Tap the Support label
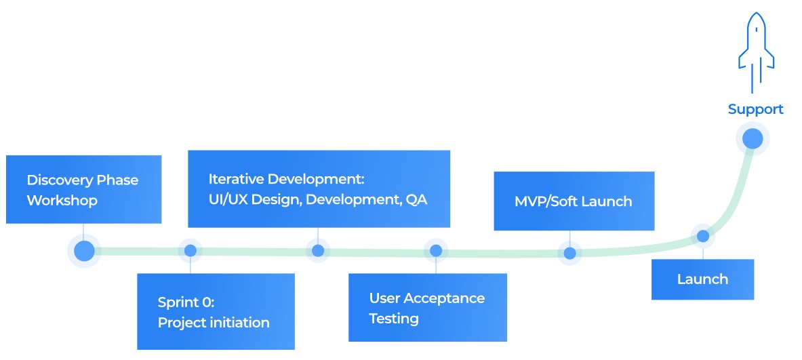click(755, 109)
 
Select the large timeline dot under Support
click(753, 139)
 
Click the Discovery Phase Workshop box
click(83, 189)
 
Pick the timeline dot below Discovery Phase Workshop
click(84, 251)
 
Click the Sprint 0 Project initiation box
click(216, 311)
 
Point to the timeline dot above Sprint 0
click(191, 251)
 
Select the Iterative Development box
click(319, 188)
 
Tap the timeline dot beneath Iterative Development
click(317, 251)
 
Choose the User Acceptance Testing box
click(427, 307)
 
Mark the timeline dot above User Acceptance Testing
click(436, 251)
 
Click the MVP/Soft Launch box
click(574, 201)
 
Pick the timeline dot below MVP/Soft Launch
click(570, 253)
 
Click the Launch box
click(702, 279)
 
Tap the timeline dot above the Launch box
click(703, 237)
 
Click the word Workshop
click(62, 201)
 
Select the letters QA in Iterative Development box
click(416, 201)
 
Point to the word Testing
click(393, 319)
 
